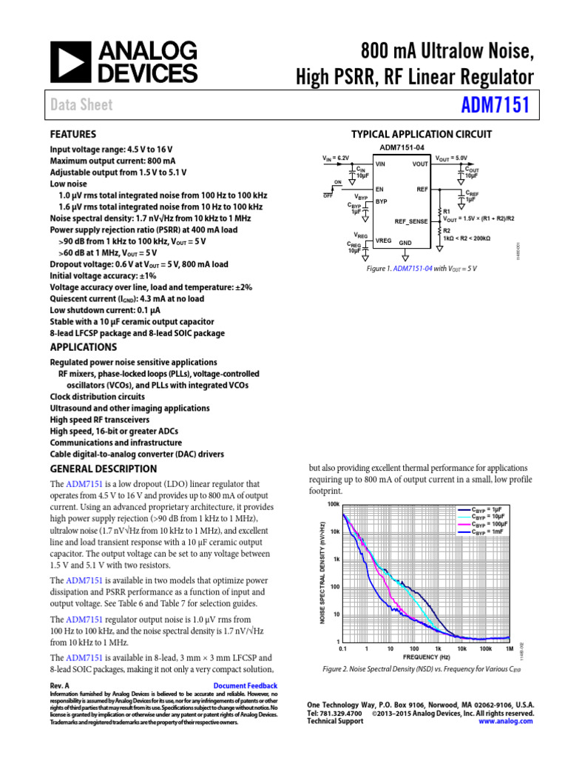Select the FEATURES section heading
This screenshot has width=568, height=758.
[x=72, y=135]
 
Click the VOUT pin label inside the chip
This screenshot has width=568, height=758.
[x=419, y=164]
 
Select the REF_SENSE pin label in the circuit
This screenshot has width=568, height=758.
[x=411, y=221]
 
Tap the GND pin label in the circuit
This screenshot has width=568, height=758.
[x=405, y=242]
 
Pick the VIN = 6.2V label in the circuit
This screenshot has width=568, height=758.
[x=335, y=158]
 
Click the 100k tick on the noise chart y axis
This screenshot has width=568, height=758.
[x=333, y=504]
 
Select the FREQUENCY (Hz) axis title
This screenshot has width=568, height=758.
[x=427, y=657]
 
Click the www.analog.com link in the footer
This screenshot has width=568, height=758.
[x=506, y=721]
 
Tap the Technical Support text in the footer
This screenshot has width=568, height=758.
[x=335, y=721]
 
